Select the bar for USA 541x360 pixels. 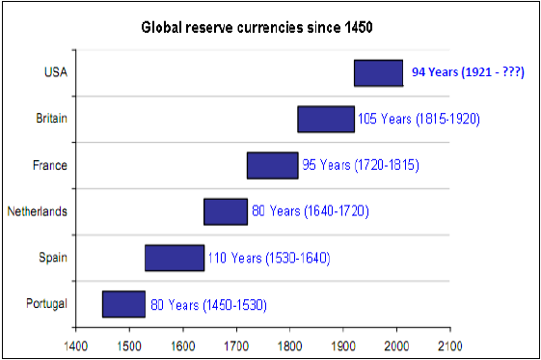[x=378, y=72]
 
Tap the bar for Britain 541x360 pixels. [x=326, y=119]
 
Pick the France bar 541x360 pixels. [x=272, y=165]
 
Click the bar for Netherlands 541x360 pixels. [x=225, y=211]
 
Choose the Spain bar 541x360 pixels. [x=175, y=258]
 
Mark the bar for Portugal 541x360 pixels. [x=123, y=304]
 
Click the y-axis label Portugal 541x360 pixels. [x=46, y=304]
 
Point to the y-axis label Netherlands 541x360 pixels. [x=38, y=211]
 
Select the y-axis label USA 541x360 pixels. [x=55, y=72]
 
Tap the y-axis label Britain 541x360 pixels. [x=51, y=119]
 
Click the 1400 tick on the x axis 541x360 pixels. [x=75, y=344]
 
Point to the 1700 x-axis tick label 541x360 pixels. [x=235, y=344]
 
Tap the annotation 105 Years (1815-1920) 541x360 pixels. [x=419, y=119]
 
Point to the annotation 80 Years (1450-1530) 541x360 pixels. [x=207, y=304]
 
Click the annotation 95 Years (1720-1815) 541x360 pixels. [x=361, y=165]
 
